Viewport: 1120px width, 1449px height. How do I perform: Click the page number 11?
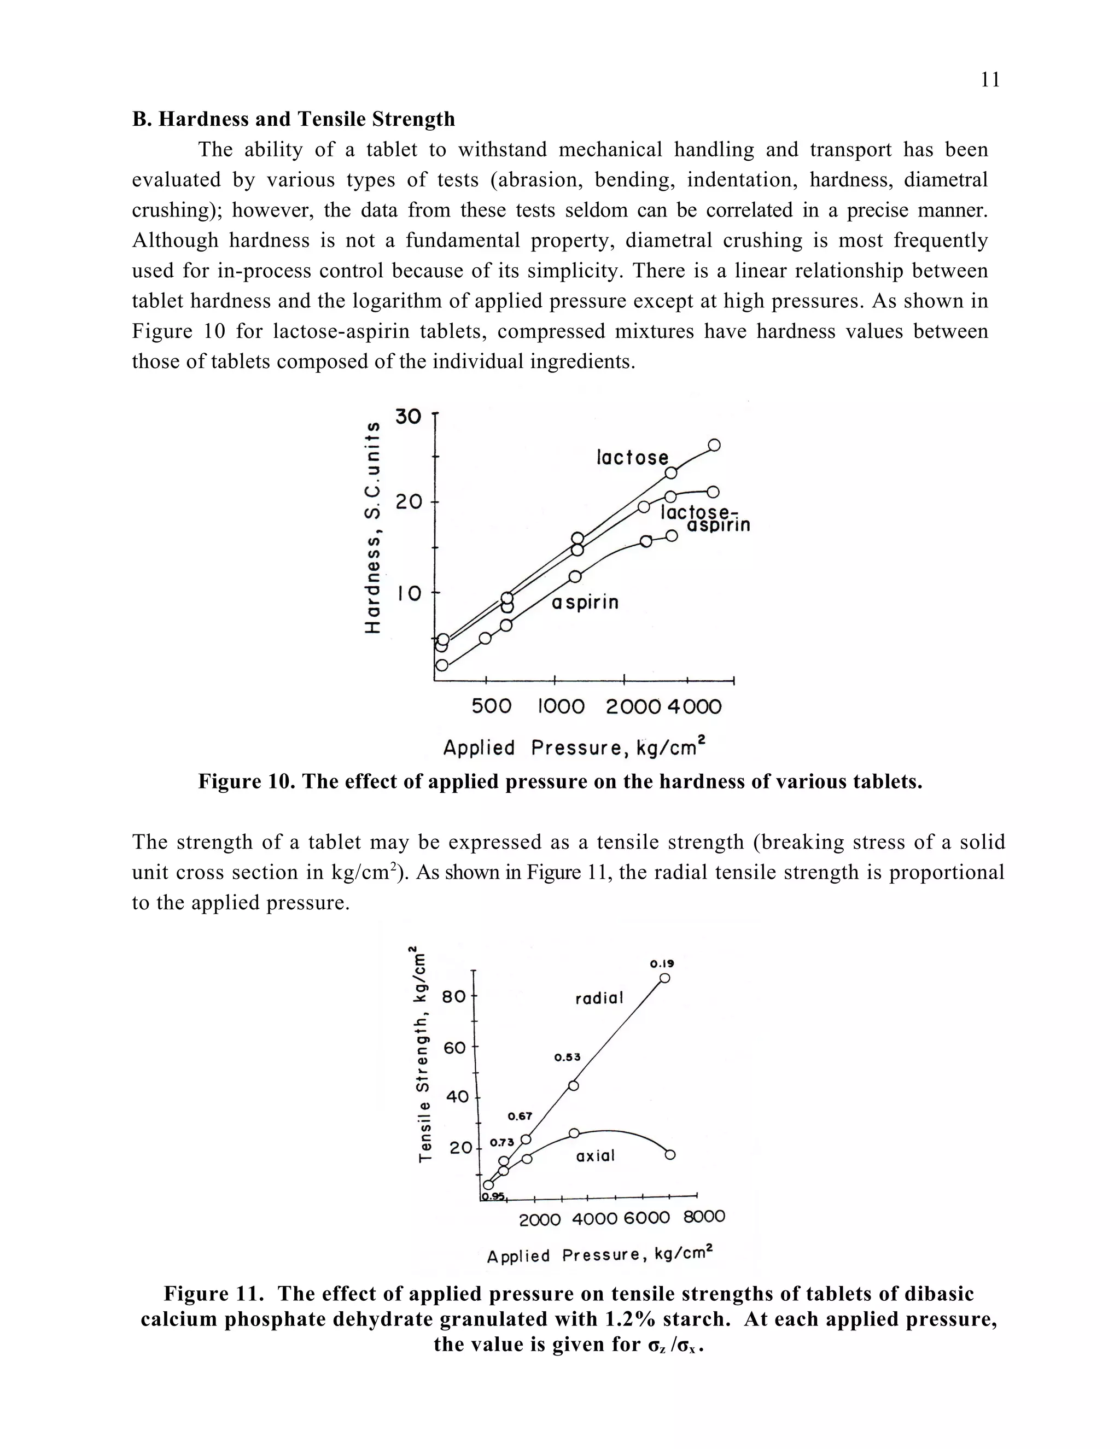coord(990,80)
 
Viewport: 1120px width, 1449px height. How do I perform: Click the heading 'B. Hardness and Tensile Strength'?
coord(293,119)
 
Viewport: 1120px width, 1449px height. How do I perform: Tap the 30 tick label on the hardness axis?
coord(408,417)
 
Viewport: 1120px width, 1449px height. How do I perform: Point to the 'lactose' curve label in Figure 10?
coord(632,457)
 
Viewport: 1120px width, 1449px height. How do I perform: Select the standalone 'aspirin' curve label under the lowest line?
coord(585,603)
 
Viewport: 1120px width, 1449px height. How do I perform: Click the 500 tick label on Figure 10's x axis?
coord(491,706)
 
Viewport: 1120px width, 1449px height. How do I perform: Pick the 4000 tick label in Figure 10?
coord(694,706)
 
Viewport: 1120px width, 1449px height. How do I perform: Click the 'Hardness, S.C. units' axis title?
coord(374,528)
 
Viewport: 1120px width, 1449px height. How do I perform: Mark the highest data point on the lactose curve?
coord(714,445)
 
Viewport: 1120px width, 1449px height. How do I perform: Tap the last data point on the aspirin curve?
coord(672,535)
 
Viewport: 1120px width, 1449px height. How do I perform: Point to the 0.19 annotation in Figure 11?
coord(662,963)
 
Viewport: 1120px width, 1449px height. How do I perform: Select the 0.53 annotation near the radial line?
coord(567,1057)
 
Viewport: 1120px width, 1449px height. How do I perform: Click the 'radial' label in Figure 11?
coord(599,998)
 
